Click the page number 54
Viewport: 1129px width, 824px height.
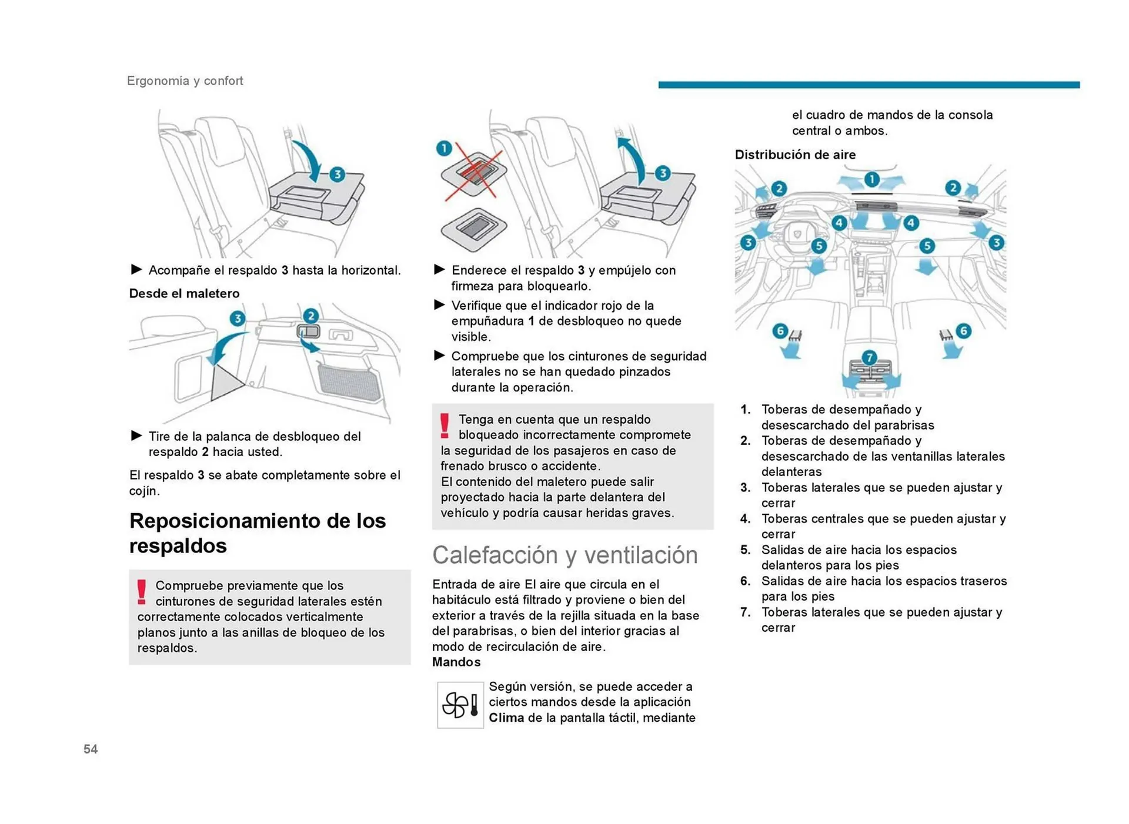pos(91,749)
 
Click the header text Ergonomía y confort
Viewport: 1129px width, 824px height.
pos(185,81)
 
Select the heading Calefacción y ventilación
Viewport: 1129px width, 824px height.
pos(564,555)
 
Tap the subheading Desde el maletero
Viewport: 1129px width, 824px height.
pos(184,293)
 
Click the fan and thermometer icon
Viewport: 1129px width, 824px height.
pos(460,705)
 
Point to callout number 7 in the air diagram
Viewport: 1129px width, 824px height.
pos(869,357)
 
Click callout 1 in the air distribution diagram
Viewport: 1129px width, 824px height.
pos(871,179)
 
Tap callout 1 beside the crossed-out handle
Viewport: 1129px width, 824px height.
pos(444,148)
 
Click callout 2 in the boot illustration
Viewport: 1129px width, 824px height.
pos(310,316)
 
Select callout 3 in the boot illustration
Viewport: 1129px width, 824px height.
pos(237,319)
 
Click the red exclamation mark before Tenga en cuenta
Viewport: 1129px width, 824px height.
pos(445,426)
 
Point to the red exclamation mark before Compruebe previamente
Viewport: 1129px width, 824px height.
pos(142,592)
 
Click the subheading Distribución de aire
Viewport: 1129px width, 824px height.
pos(795,155)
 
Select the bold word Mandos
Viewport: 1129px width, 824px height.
pos(456,662)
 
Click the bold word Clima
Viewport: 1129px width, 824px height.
pos(506,718)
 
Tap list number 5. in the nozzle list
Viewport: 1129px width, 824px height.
pos(745,550)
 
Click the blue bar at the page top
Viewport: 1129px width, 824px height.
pos(869,85)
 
